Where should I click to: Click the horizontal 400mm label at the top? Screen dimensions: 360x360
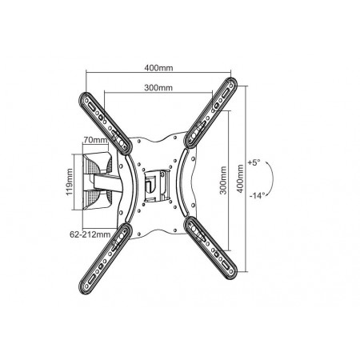158,68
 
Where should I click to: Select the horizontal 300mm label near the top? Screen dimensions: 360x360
158,88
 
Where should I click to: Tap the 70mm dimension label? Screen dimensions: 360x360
95,140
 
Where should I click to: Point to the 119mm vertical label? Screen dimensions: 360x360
70,182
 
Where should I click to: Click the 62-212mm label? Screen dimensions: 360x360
90,234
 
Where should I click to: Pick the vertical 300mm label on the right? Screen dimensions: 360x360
223,180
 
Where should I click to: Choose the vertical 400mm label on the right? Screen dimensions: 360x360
240,178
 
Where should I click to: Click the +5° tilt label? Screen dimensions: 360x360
254,162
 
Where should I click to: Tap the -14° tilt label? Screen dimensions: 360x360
258,195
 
